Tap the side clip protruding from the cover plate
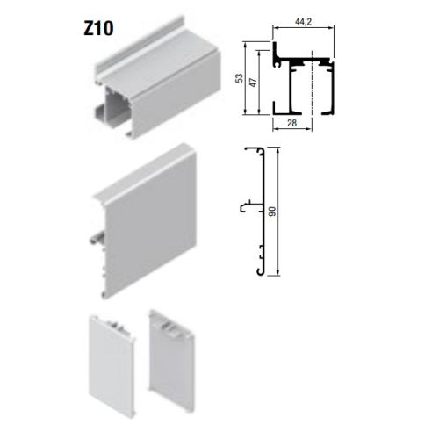coord(96,236)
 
